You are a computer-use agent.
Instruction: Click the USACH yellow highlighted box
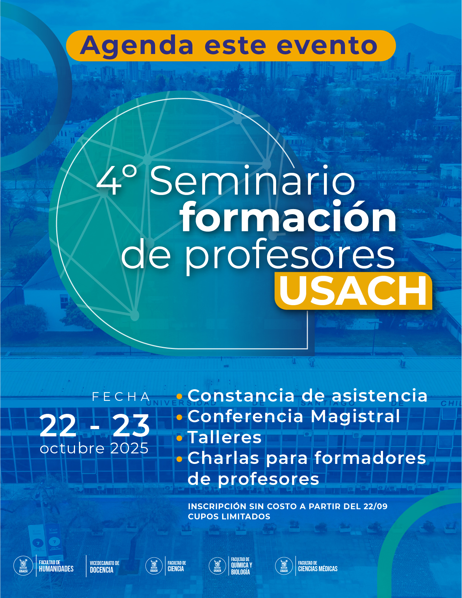click(353, 291)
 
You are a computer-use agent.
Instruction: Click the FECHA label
click(121, 396)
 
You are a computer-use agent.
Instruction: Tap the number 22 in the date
click(58, 425)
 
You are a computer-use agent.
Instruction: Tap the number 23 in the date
click(131, 425)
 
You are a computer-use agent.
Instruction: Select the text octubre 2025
click(94, 448)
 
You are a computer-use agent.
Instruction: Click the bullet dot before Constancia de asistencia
click(179, 396)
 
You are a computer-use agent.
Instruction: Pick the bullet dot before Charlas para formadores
click(179, 459)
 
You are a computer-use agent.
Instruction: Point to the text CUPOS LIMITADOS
click(229, 516)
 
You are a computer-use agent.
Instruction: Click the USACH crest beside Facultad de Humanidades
click(23, 566)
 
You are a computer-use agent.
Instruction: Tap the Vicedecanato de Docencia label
click(105, 566)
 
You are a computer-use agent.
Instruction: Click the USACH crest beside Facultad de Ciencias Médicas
click(284, 566)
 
